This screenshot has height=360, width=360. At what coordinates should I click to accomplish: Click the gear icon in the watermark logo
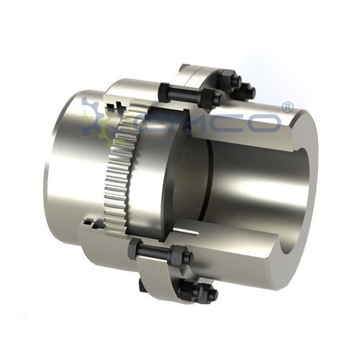(x=97, y=115)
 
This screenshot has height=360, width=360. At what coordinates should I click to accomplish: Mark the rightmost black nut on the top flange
(x=247, y=91)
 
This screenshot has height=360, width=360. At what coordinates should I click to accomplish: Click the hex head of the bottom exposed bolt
(x=132, y=248)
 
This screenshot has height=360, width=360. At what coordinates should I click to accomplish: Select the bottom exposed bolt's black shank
(x=155, y=253)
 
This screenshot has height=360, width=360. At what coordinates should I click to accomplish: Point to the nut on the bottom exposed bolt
(x=181, y=256)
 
